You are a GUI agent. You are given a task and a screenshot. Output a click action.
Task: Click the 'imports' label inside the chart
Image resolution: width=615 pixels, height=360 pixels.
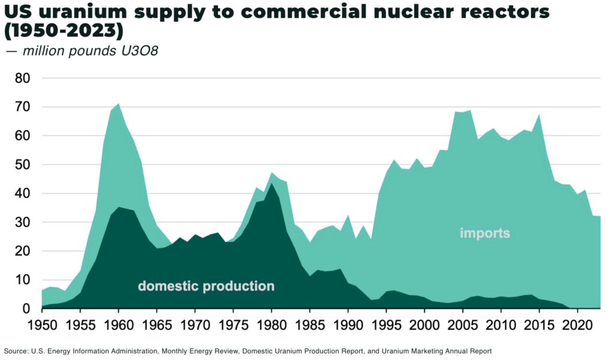tap(485, 233)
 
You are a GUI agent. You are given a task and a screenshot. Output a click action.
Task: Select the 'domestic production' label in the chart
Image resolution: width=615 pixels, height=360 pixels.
tap(206, 286)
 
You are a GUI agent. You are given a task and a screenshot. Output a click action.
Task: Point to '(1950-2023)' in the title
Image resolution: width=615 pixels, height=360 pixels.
tap(64, 30)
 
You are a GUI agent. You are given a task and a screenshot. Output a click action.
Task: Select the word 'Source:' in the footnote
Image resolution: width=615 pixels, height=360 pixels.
tap(16, 350)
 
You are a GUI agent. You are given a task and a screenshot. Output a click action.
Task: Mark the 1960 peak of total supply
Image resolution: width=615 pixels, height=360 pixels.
tap(118, 104)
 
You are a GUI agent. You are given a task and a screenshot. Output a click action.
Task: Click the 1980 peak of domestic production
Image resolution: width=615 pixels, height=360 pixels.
tap(271, 183)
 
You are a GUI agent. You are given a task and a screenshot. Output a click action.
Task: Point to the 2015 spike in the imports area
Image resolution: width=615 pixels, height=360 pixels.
tap(539, 114)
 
